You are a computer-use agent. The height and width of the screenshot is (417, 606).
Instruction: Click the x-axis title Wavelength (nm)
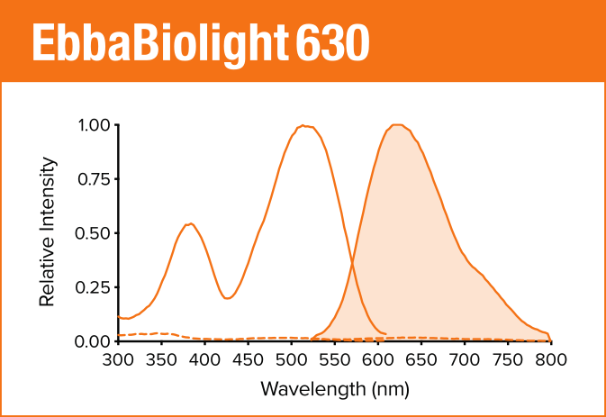(x=335, y=389)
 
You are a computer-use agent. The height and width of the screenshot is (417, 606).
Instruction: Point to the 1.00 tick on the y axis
(x=94, y=125)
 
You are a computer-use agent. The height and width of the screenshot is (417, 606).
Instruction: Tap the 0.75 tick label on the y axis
(x=94, y=179)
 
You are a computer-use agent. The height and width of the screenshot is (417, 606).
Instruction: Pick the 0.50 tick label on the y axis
(x=94, y=233)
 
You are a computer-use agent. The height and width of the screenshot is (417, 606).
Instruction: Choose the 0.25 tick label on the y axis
(x=94, y=287)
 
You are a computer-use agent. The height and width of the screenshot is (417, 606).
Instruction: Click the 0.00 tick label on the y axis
(x=94, y=341)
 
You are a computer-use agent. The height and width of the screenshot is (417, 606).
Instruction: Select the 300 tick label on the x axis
(x=119, y=359)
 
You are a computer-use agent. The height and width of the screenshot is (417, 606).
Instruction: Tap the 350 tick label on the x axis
(x=162, y=359)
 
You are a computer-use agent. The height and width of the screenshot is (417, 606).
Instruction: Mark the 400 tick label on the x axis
(x=205, y=359)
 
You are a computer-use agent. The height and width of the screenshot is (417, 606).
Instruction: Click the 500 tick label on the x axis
(x=292, y=359)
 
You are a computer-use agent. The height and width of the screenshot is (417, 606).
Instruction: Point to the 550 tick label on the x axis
(x=335, y=359)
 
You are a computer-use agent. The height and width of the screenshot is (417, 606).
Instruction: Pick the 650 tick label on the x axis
(x=421, y=359)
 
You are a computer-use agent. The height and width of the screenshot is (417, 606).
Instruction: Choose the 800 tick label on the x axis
(x=550, y=359)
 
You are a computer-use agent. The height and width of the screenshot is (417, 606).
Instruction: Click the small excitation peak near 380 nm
(x=189, y=223)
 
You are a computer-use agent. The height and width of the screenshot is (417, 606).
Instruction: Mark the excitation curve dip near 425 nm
(x=226, y=298)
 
